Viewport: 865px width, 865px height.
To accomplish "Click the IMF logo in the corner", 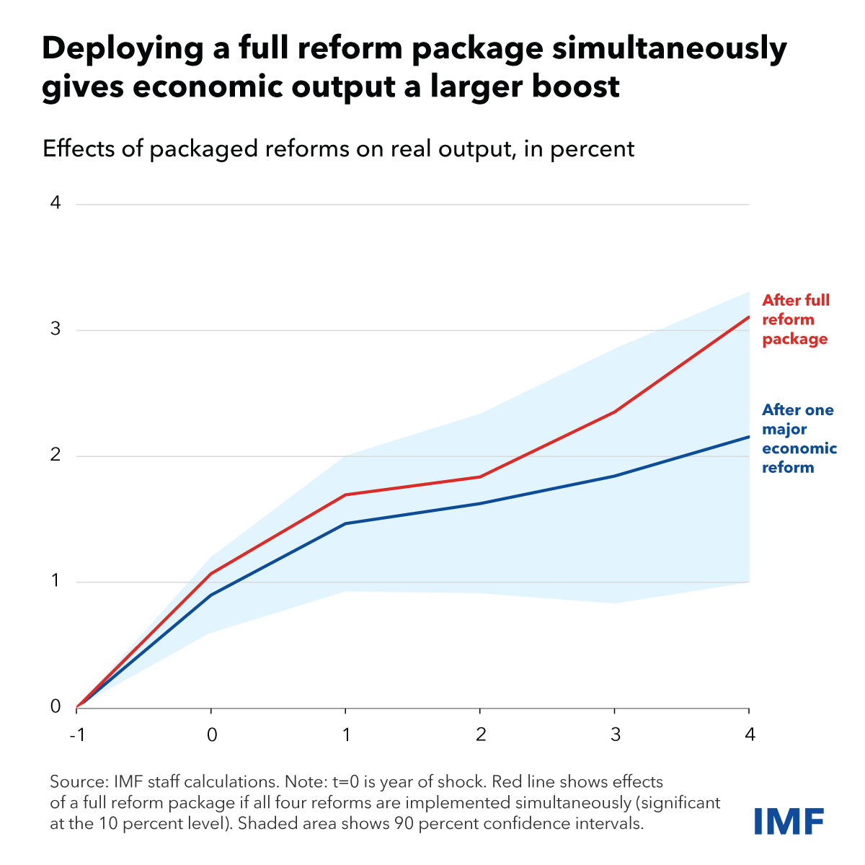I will [x=789, y=821].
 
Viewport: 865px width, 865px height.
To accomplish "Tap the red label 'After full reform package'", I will [x=796, y=319].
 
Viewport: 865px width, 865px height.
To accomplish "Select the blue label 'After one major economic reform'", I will [x=799, y=438].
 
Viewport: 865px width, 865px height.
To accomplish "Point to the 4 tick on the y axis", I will [x=56, y=203].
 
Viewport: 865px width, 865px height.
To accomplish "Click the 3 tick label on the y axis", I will [x=56, y=329].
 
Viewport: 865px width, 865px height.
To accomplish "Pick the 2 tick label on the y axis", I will [x=56, y=456].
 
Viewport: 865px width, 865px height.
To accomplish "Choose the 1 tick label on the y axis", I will [x=56, y=581].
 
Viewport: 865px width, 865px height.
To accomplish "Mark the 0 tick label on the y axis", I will [x=56, y=707].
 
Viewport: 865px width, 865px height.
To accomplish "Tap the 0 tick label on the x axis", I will [x=211, y=735].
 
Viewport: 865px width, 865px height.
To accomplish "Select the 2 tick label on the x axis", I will [x=481, y=735].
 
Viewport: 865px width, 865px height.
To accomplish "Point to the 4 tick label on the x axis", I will [x=750, y=735].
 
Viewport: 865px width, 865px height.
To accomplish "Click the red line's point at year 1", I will [x=346, y=494].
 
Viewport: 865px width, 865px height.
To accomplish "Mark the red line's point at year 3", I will [x=615, y=412].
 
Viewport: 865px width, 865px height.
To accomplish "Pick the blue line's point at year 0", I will [x=211, y=595].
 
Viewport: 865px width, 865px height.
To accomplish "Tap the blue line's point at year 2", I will [x=480, y=503].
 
